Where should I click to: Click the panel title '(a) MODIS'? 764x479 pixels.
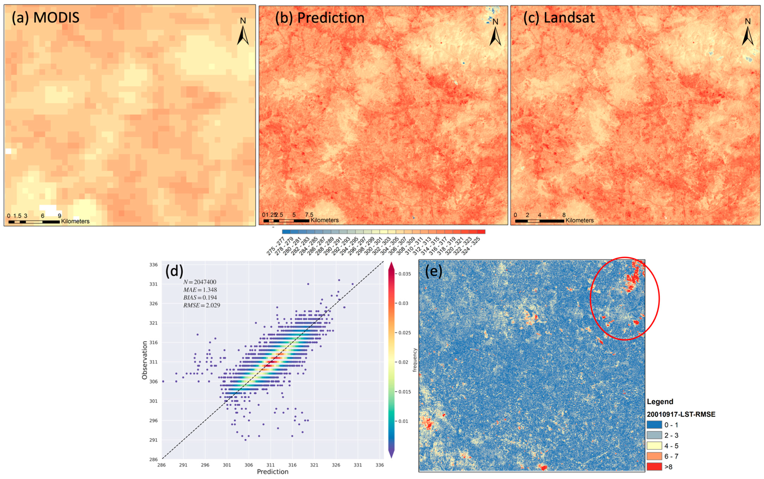[x=46, y=18]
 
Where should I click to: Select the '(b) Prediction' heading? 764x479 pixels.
[x=319, y=18]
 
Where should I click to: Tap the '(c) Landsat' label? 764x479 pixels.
[x=559, y=18]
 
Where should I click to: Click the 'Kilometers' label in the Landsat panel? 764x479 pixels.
[x=579, y=220]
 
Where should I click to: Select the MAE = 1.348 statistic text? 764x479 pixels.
[x=200, y=290]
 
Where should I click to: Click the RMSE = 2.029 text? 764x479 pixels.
[x=202, y=305]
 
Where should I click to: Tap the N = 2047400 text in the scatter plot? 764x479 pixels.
[x=200, y=282]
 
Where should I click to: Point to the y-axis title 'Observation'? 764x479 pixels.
[x=145, y=360]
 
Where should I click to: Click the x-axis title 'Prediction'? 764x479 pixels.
[x=272, y=472]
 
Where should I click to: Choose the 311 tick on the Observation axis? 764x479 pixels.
[x=153, y=362]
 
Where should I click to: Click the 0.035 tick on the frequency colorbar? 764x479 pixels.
[x=405, y=274]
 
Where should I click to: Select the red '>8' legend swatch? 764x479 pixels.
[x=654, y=466]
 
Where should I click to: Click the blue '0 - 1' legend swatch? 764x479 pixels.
[x=654, y=425]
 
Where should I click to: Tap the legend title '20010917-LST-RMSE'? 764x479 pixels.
[x=681, y=414]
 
